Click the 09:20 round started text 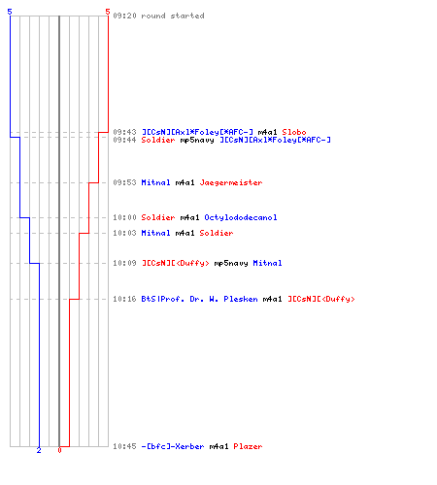158,16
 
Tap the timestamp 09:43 124,132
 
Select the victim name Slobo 294,132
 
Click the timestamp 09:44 124,140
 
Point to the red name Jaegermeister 231,182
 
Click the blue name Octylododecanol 241,217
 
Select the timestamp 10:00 124,217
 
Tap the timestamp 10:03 124,233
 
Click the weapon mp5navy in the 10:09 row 231,263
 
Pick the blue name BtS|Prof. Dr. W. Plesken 199,299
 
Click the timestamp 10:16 124,299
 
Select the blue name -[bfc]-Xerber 173,446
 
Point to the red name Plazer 248,446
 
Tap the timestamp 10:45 124,446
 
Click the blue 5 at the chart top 10,12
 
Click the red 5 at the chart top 108,12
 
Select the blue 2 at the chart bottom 39,450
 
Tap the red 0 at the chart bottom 59,450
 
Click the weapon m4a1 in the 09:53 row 185,182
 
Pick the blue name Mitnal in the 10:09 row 267,263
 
